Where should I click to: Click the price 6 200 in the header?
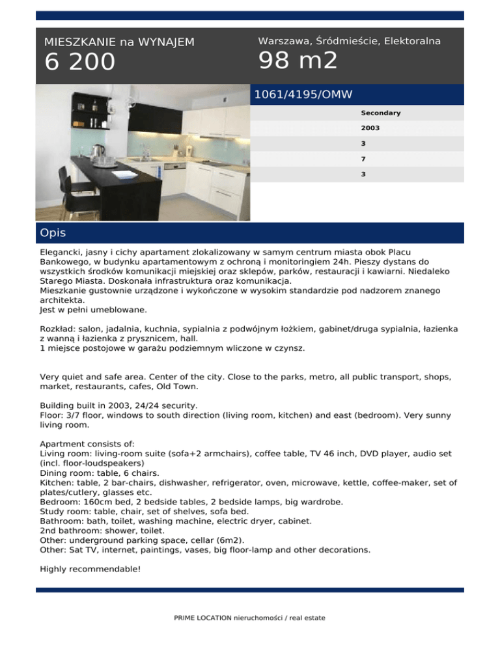point(79,62)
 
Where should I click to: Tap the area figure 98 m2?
point(298,61)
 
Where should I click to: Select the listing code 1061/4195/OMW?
point(303,94)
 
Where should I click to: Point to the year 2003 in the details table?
point(370,128)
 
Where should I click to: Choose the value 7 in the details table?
point(363,159)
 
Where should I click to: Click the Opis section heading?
point(52,232)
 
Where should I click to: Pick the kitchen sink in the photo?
point(141,158)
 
